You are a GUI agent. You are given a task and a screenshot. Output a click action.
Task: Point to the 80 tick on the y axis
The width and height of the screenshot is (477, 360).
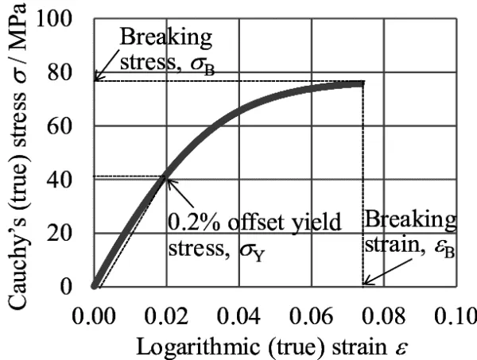click(68, 72)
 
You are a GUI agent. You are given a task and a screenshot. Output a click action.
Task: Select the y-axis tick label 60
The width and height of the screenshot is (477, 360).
click(68, 126)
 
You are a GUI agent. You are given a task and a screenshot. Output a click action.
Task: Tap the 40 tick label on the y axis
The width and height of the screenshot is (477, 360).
click(68, 180)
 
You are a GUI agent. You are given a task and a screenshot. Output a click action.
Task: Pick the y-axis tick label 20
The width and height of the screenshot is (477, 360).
click(68, 234)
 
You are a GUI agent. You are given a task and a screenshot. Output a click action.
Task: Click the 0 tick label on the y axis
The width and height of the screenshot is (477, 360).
click(75, 287)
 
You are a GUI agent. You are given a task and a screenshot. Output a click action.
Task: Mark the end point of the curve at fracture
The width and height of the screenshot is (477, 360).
click(363, 83)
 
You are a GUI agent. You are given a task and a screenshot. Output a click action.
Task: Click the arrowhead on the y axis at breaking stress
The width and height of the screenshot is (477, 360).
click(96, 79)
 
